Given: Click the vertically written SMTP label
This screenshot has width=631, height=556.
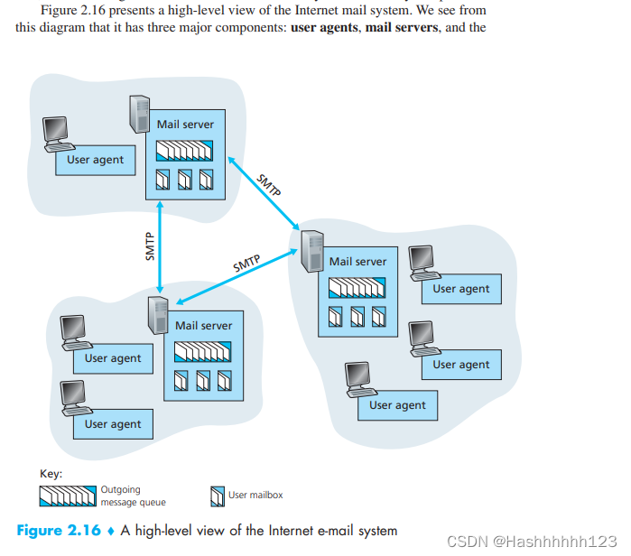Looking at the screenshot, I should coord(151,246).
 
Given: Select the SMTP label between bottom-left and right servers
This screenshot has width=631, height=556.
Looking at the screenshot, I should coord(246,264).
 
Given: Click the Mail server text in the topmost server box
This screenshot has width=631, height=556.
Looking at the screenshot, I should coord(185,124).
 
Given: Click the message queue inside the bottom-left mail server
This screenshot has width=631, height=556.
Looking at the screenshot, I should coord(203,350).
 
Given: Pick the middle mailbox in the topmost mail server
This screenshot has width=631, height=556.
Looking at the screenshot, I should coord(185,180).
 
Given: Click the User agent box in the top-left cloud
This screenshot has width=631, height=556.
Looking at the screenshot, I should coord(96,161).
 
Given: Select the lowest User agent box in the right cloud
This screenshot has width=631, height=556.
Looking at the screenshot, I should coord(397,405).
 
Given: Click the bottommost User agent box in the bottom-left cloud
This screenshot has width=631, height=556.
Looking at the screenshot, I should coord(113,424).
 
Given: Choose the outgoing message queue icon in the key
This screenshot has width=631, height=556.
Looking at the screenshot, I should coord(67,496).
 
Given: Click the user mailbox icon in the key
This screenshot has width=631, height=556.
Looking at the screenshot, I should coord(217,496).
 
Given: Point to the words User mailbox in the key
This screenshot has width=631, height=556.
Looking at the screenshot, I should coord(255,495).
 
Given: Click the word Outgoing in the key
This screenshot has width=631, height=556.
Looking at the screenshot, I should coord(120,490).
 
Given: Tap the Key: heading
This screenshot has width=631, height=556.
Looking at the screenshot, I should coord(51,473).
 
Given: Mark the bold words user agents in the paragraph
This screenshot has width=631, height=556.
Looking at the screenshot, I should coord(323,27).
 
